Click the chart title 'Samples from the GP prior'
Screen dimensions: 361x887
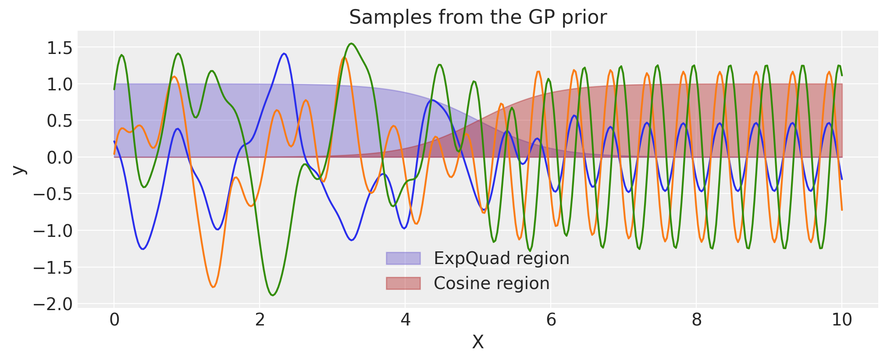coord(477,18)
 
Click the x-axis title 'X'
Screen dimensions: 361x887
coord(477,342)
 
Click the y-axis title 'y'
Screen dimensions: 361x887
coord(18,170)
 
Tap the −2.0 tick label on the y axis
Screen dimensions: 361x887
coord(53,304)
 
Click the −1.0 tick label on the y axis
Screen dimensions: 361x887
coord(53,231)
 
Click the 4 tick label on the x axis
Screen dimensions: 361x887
coord(406,320)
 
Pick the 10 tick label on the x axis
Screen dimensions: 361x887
coord(841,320)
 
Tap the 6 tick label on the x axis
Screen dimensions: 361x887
coord(551,320)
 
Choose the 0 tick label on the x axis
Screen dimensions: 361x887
coord(114,320)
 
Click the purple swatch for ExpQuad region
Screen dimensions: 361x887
coord(403,258)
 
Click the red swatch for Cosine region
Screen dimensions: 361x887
coord(403,283)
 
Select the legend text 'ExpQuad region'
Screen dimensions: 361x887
coord(501,258)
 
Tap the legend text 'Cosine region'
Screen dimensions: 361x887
coord(491,283)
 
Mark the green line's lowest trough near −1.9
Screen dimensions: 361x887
coord(273,295)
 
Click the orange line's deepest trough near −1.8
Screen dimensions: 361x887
coord(213,287)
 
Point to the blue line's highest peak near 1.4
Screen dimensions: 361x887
coord(284,54)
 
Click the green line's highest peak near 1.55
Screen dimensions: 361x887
coord(352,43)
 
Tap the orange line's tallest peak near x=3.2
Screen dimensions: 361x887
coord(344,57)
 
